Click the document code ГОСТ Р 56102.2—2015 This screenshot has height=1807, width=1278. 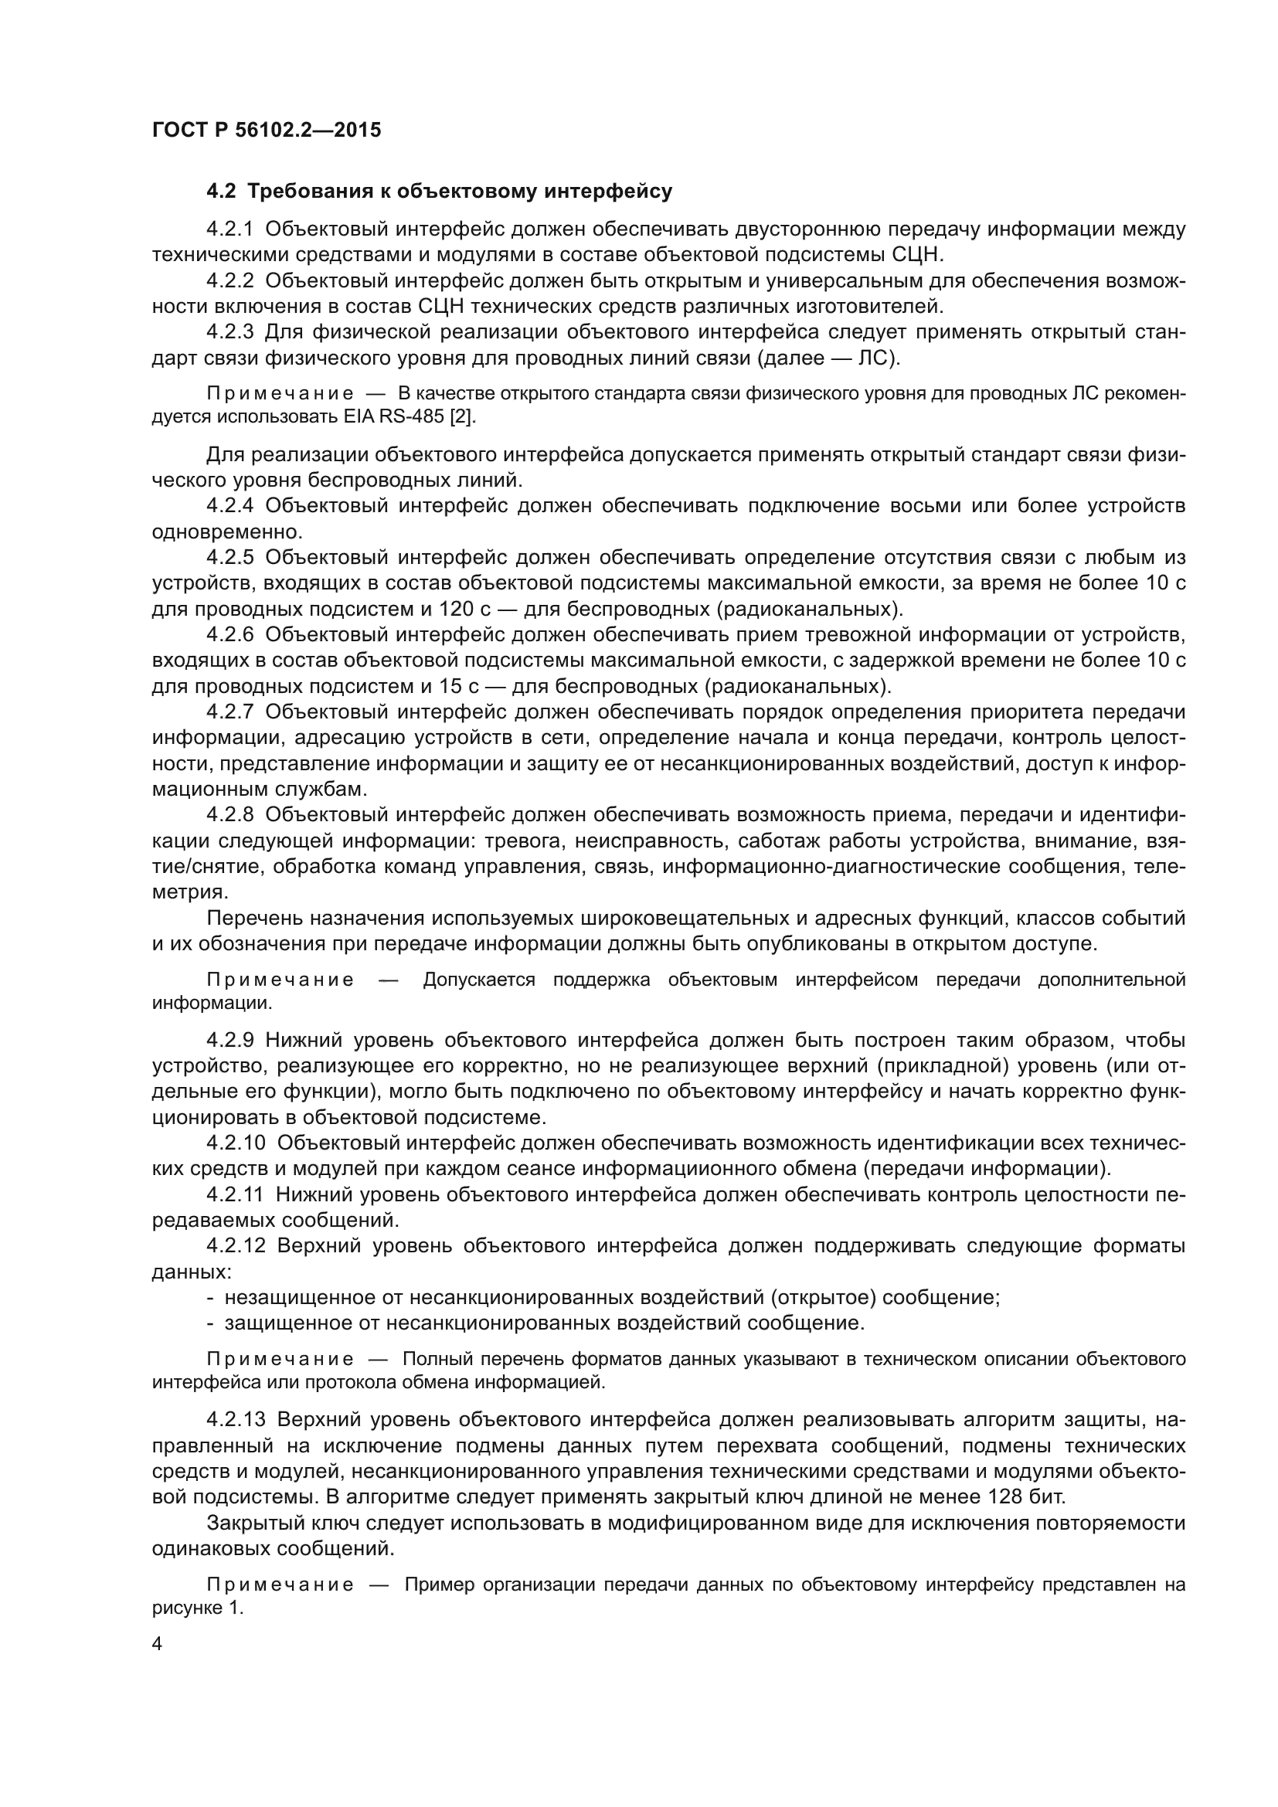tap(266, 130)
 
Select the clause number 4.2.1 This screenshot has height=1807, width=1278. tap(229, 229)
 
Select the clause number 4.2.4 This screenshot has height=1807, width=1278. tap(229, 506)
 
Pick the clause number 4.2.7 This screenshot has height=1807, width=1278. tap(229, 712)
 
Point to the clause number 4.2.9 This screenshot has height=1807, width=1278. tap(229, 1041)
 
